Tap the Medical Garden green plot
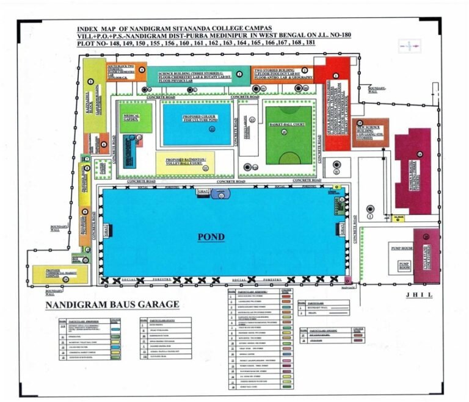tap(136, 118)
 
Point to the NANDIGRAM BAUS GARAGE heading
tap(113, 303)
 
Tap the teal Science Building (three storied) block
tap(199, 74)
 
